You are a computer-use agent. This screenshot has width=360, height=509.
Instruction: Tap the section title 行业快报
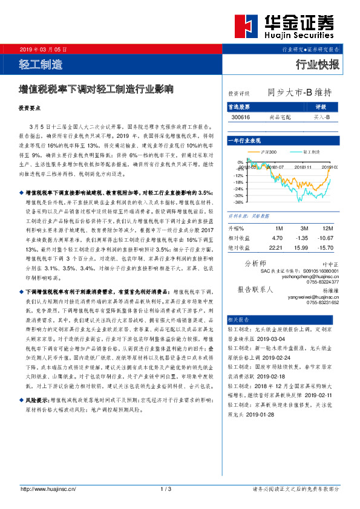click(318, 64)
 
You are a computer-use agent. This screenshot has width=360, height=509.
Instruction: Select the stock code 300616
click(240, 116)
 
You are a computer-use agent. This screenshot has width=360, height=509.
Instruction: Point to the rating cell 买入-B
click(321, 116)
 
